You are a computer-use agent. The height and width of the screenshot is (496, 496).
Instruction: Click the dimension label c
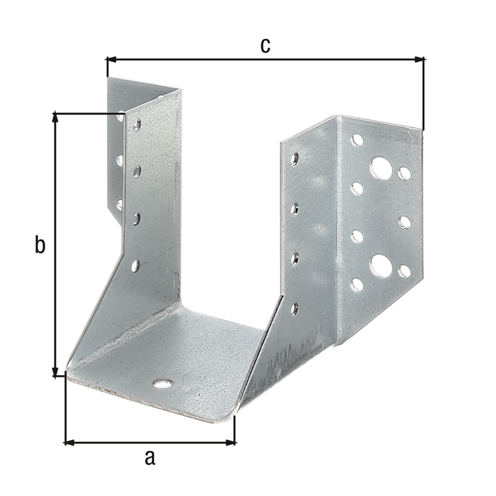pyautogui.click(x=265, y=46)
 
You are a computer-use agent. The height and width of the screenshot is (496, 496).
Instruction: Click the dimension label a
pyautogui.click(x=150, y=458)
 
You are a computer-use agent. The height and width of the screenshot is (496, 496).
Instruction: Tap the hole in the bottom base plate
pyautogui.click(x=163, y=384)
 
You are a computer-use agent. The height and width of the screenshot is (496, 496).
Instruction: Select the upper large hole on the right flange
pyautogui.click(x=381, y=167)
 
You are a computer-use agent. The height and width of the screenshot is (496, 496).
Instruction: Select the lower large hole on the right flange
pyautogui.click(x=381, y=265)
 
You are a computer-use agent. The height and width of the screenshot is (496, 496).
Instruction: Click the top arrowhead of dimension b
pyautogui.click(x=55, y=117)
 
